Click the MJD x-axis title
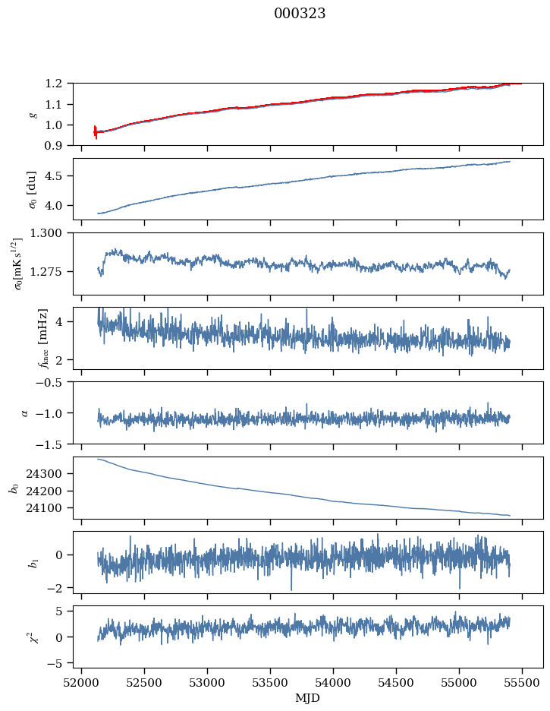(308, 697)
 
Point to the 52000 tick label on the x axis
(82, 682)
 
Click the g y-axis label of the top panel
(32, 114)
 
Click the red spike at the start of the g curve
(96, 131)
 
